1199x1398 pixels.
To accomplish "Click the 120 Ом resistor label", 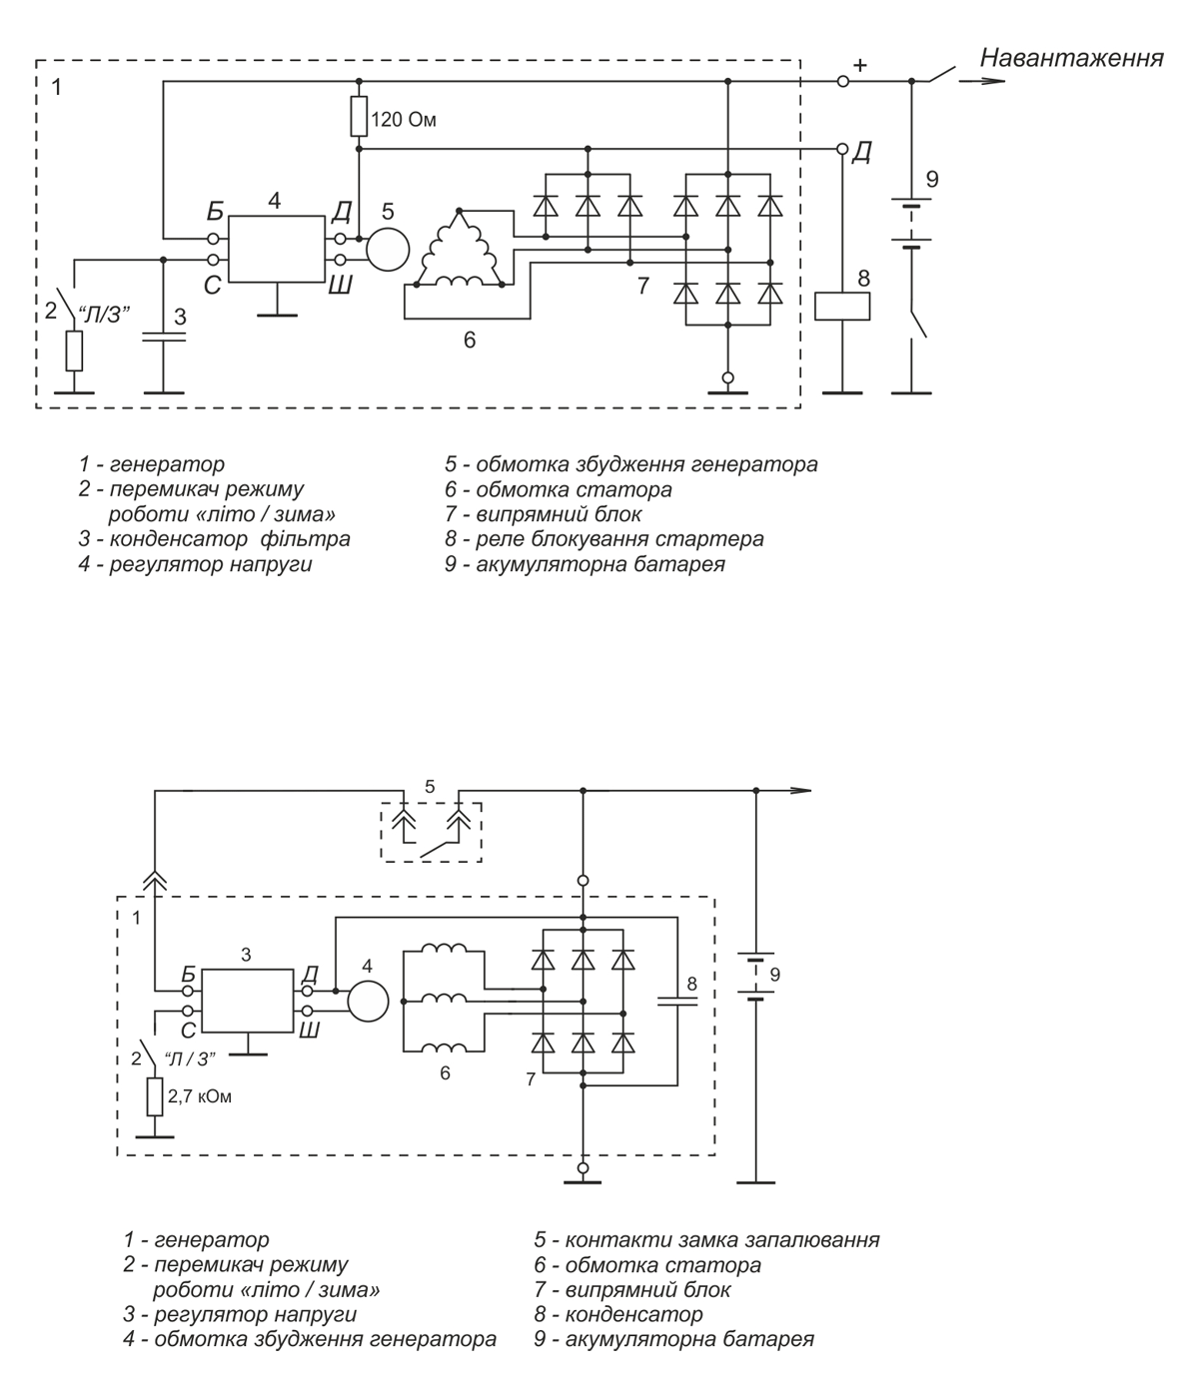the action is point(404,121).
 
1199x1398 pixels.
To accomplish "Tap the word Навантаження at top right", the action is point(1072,58).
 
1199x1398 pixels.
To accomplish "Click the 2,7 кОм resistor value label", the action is point(200,1096).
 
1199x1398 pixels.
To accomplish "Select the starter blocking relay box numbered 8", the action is point(842,307).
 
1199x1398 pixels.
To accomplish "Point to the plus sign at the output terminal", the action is point(859,66).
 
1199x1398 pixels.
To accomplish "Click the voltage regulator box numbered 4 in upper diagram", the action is point(277,249).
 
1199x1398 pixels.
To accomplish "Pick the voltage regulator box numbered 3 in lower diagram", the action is point(248,1001).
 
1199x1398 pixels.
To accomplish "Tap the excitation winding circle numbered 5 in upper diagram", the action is point(388,249).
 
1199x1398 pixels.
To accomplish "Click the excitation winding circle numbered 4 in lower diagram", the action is point(368,1001).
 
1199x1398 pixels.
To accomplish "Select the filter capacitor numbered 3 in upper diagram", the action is point(163,337).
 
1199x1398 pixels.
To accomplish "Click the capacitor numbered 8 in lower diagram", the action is point(677,1001).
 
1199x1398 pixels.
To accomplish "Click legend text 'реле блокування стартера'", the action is point(619,539).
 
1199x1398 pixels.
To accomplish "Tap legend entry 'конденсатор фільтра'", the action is point(230,539).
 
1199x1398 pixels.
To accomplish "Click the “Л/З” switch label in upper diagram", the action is point(104,314).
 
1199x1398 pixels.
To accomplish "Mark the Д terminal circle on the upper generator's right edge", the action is point(842,149).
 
